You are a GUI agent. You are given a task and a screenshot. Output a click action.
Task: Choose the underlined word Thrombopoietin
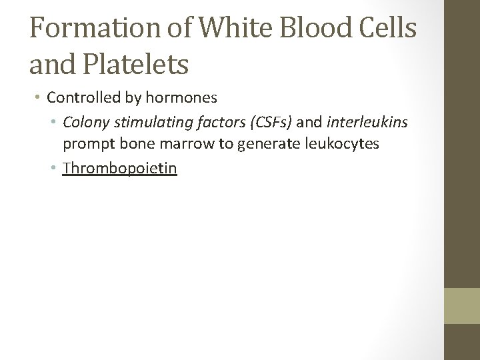(120, 168)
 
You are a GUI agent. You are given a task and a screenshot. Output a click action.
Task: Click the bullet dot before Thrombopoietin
(55, 169)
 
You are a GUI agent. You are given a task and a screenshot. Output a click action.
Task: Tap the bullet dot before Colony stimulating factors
(55, 123)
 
